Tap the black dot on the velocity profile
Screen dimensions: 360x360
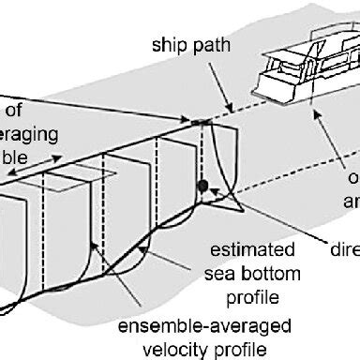coord(202,187)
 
